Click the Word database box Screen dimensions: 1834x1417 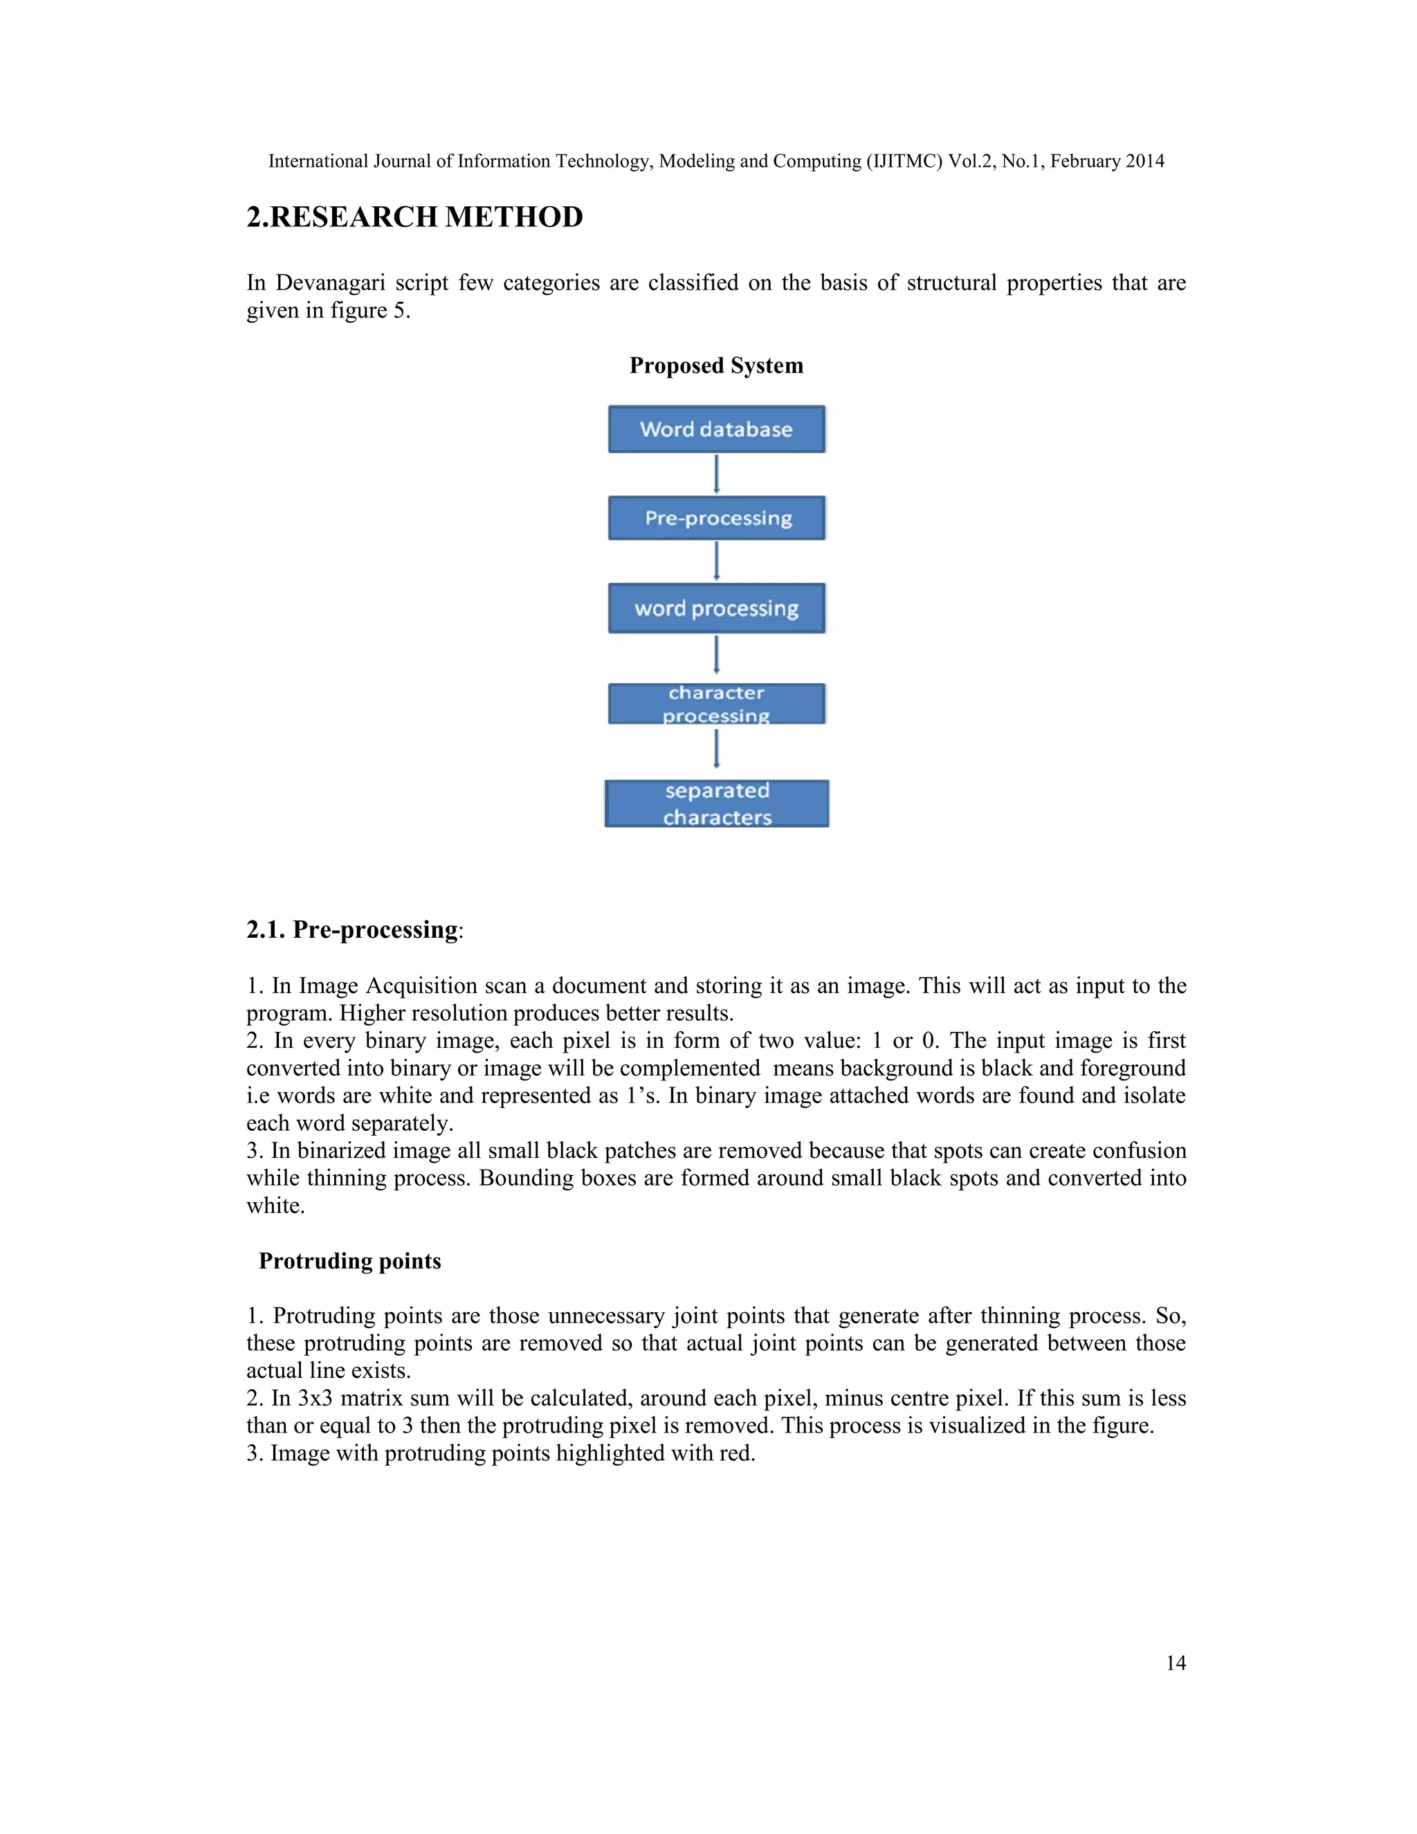tap(716, 429)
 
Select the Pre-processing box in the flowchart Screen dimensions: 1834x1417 tap(716, 518)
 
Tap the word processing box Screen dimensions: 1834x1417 tap(716, 608)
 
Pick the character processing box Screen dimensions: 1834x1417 tap(716, 704)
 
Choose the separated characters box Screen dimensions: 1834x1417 tap(716, 803)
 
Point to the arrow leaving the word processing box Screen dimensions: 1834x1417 tap(716, 655)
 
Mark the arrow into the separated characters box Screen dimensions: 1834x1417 tap(716, 749)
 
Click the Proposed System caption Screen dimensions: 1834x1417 tap(716, 365)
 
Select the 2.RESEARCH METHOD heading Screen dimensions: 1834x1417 tap(414, 217)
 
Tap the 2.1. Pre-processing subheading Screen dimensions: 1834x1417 tap(354, 929)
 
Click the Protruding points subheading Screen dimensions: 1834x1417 tap(349, 1260)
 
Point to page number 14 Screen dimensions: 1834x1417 tap(1176, 1662)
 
